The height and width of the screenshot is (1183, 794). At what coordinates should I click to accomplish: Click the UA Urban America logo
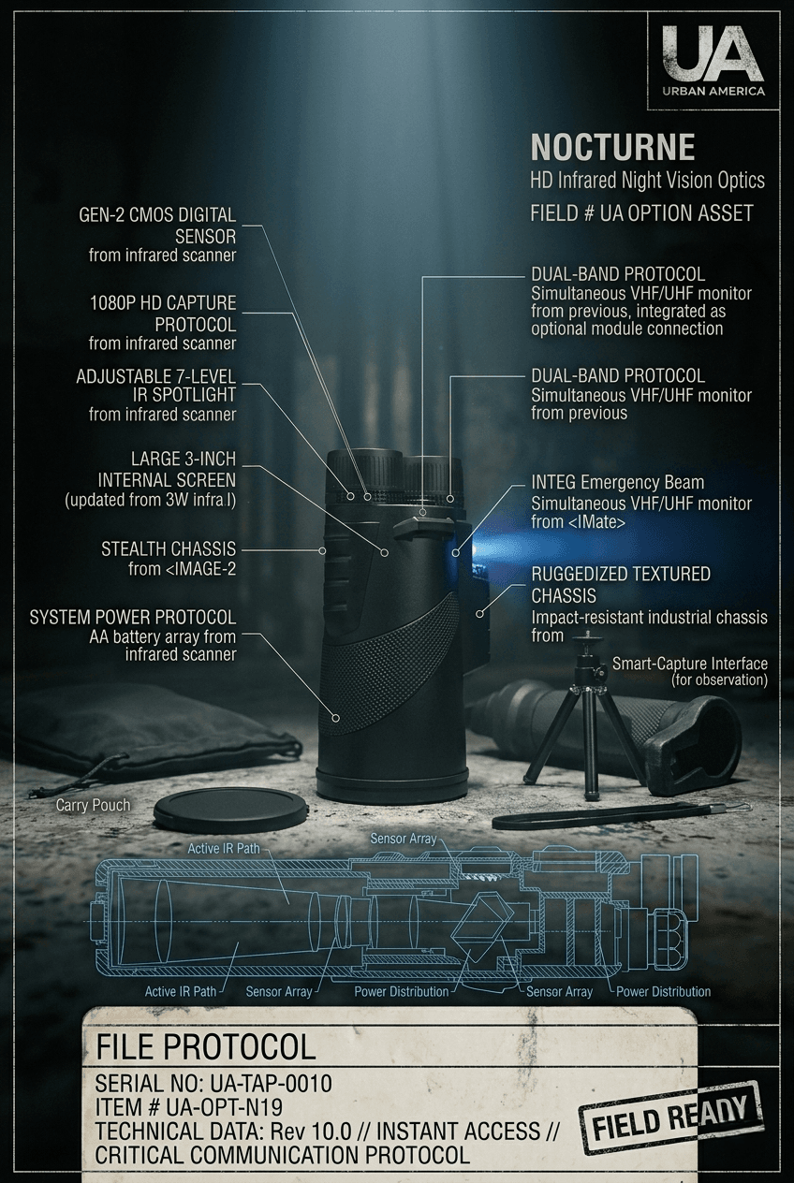click(x=713, y=59)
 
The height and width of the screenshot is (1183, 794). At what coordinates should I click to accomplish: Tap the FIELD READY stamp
click(x=671, y=1115)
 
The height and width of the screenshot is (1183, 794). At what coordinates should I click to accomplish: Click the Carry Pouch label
click(x=93, y=805)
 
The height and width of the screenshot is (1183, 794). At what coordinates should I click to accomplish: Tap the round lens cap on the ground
click(x=228, y=810)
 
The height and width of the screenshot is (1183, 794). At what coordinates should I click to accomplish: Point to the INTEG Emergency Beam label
click(x=618, y=482)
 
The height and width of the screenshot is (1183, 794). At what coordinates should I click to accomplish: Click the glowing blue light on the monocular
click(x=455, y=552)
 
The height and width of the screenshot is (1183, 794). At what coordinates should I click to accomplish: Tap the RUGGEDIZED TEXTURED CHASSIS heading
click(x=621, y=584)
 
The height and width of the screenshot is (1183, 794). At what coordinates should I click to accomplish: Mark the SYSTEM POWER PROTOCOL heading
click(x=133, y=617)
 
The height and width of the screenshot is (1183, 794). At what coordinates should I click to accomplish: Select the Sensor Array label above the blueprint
click(x=403, y=839)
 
